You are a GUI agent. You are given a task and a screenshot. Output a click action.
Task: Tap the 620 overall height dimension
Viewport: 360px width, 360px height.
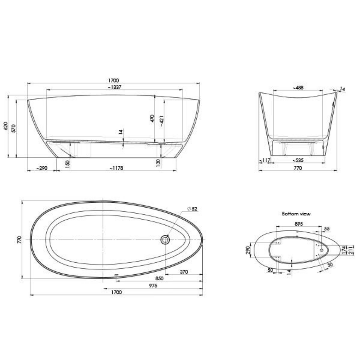coord(6,126)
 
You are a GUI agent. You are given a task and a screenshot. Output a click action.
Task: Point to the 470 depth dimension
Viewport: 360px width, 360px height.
coord(152,119)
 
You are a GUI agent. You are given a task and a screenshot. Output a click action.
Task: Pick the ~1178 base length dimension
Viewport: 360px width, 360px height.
coord(116,168)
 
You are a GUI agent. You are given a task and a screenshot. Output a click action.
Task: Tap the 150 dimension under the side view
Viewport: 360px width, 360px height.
coord(68,163)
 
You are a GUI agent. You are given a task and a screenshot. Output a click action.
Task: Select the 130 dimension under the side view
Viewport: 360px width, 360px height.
coord(158,163)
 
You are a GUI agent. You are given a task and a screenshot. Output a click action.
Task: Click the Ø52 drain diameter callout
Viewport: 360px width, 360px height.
coord(192,209)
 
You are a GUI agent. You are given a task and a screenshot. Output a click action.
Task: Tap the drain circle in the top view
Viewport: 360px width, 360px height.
coord(165,239)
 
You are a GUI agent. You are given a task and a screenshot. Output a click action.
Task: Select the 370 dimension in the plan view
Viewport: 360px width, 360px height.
coord(184,272)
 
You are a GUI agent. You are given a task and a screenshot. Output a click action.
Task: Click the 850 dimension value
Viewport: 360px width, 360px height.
coord(159,278)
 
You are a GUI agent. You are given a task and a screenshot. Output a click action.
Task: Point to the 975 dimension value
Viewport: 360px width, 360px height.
coord(152,286)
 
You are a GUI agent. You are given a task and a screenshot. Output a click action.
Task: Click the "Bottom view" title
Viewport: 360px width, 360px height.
coord(296,214)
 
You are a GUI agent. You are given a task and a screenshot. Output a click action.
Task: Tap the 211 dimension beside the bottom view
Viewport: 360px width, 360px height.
coord(351,251)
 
